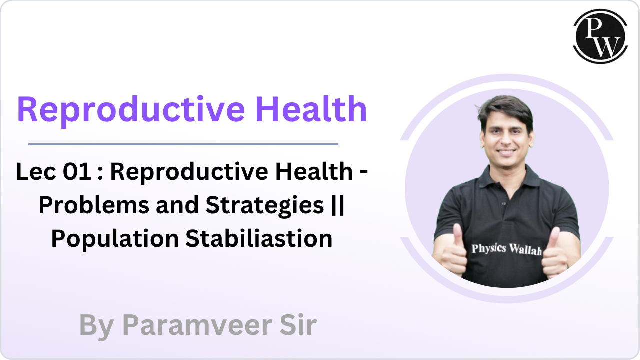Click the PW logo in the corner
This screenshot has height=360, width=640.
click(600, 36)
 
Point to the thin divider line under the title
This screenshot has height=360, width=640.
click(183, 144)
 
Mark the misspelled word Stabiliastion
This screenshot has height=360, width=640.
click(259, 239)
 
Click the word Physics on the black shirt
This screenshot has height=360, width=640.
click(489, 248)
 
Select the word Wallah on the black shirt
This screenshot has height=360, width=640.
click(525, 249)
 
